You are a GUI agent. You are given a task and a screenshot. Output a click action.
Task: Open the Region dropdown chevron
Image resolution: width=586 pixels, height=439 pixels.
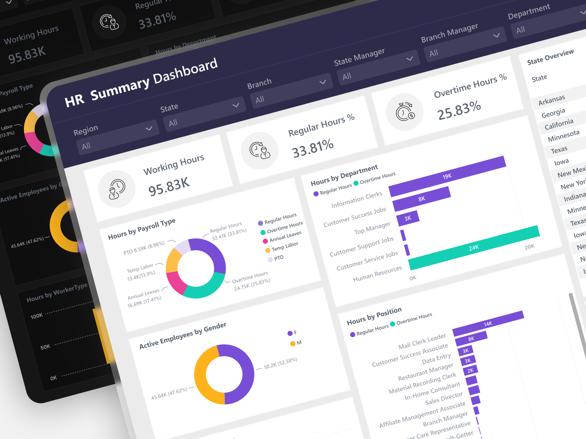pos(149,128)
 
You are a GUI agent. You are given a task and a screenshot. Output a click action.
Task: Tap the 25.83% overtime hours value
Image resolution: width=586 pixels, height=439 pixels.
pos(459,110)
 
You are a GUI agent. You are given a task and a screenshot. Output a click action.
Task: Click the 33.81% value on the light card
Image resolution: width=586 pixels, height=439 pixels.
pos(312,148)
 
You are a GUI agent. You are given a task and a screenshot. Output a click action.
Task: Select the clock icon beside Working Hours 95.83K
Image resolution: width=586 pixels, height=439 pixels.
pos(117,189)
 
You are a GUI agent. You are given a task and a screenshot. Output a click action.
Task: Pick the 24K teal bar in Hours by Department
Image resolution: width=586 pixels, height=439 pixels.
pos(474,248)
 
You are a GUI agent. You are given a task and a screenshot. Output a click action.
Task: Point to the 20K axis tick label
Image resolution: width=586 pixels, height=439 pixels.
pos(529,247)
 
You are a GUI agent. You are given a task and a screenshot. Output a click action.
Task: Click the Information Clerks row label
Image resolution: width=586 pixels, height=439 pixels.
pos(356,200)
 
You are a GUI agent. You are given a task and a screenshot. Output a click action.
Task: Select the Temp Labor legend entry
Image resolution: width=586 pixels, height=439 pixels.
pos(285,247)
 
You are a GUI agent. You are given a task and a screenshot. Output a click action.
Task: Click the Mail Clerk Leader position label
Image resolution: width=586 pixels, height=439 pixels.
pos(422,341)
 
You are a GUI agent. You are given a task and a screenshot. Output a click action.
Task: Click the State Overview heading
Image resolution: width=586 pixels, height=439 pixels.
pos(550,57)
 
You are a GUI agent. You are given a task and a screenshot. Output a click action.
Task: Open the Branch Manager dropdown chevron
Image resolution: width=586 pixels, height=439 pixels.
pos(496,35)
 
